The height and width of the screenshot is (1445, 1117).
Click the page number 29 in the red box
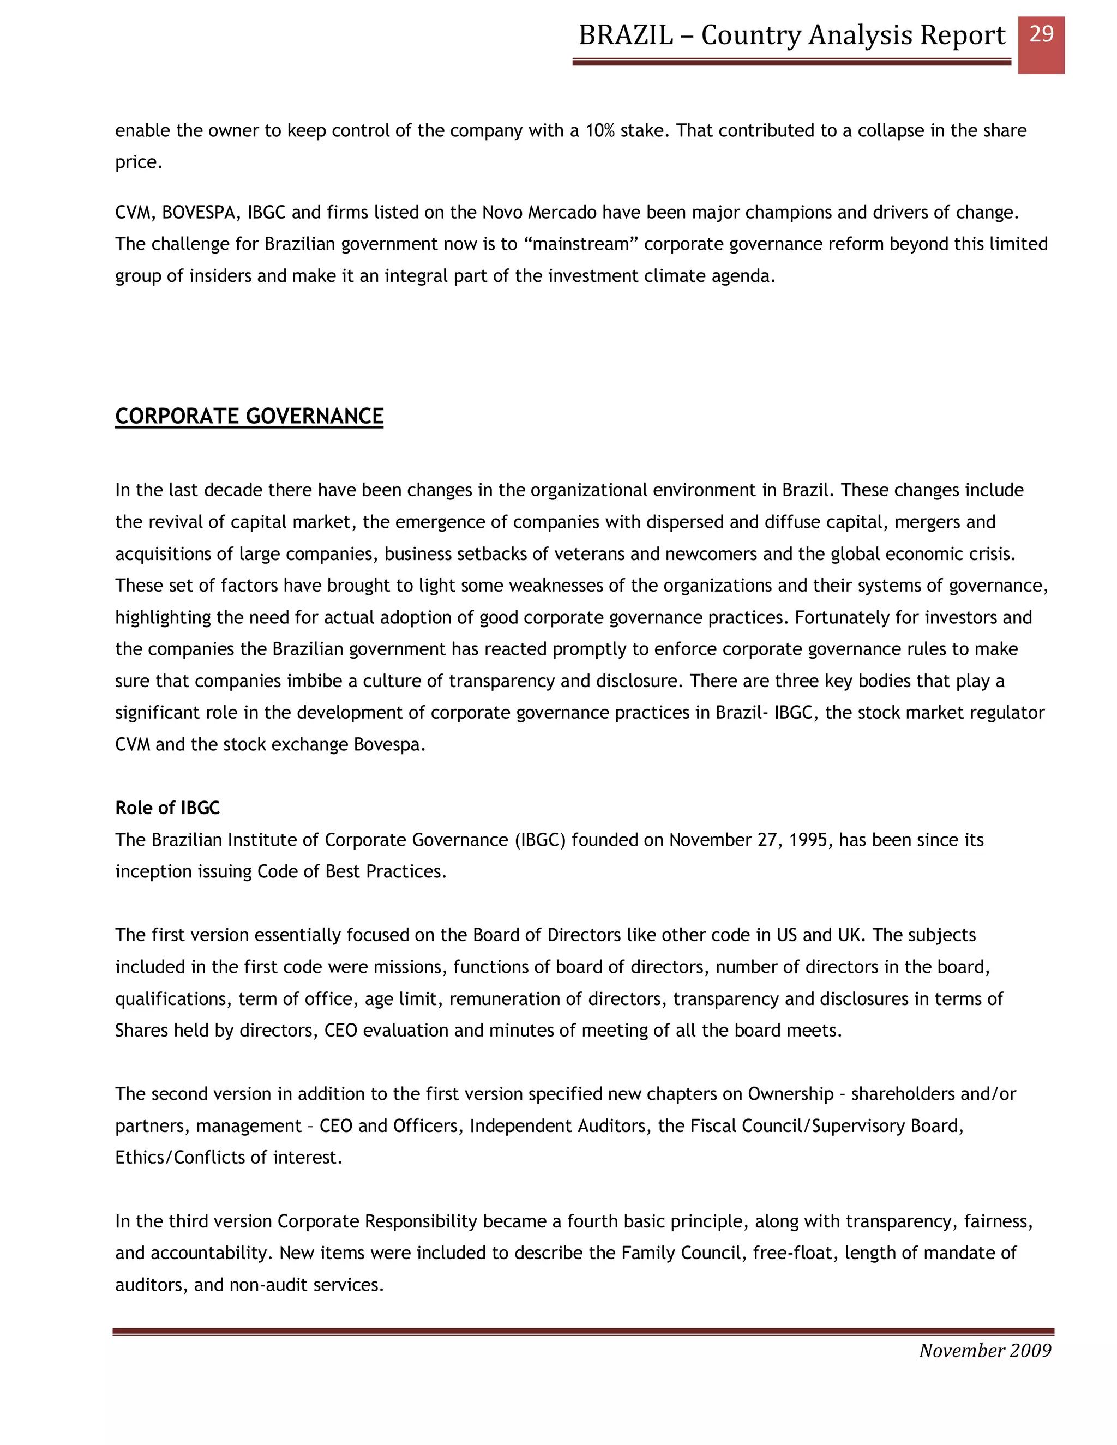[1041, 34]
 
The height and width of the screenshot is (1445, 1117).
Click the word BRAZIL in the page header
[626, 35]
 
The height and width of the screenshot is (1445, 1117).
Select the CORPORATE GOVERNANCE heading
[249, 416]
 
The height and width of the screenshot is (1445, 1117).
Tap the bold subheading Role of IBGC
[167, 808]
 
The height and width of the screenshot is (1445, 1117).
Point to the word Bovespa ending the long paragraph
[388, 744]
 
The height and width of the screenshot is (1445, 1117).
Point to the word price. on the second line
[139, 162]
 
